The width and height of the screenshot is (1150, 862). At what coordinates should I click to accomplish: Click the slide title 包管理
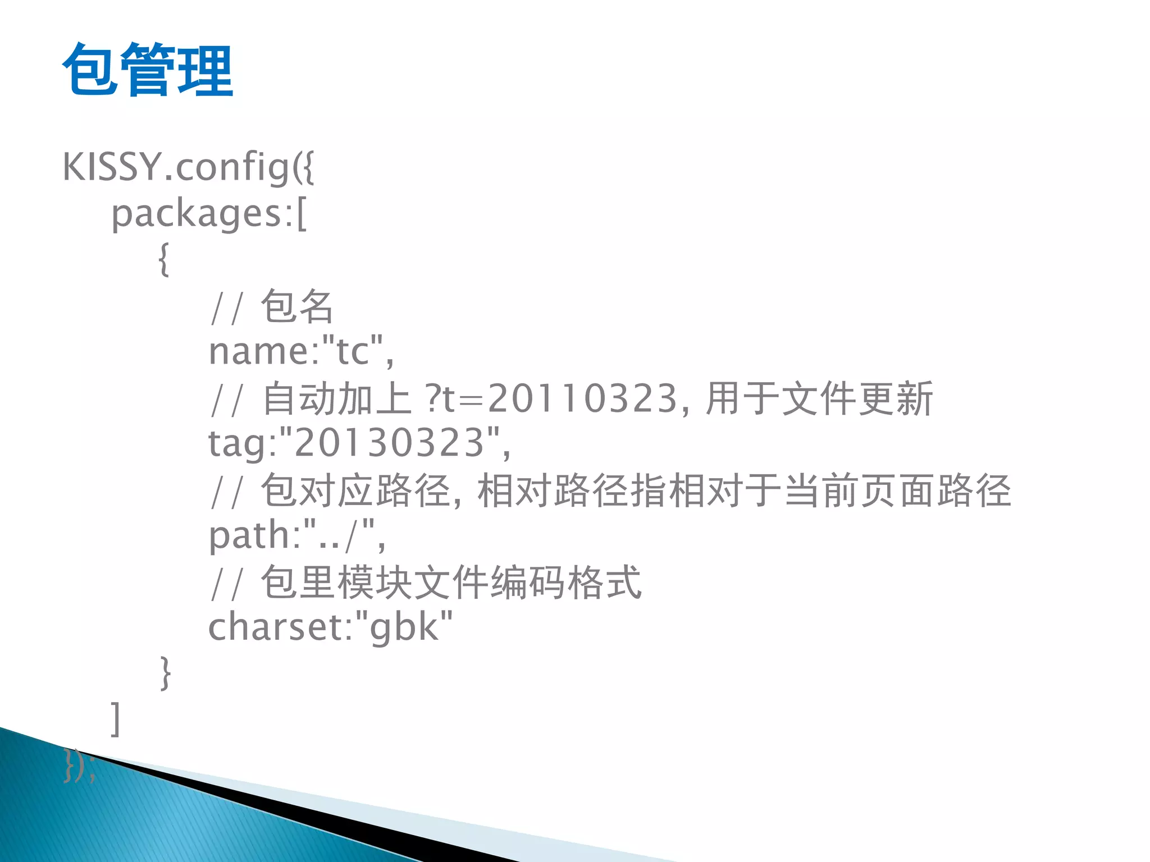[148, 70]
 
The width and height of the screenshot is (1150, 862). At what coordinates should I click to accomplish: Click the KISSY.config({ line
[188, 167]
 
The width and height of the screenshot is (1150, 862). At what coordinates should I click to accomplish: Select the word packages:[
[209, 214]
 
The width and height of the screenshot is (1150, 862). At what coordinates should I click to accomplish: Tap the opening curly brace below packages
[163, 259]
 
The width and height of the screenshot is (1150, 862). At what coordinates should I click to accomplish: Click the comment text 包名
[297, 306]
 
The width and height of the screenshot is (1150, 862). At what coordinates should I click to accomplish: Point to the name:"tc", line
[301, 352]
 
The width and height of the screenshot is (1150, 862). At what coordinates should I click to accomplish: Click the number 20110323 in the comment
[582, 398]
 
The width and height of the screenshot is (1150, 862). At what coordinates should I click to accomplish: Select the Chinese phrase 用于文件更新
[819, 398]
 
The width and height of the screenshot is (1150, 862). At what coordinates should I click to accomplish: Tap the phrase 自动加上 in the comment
[337, 398]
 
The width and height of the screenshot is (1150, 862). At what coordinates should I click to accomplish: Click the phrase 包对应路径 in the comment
[355, 490]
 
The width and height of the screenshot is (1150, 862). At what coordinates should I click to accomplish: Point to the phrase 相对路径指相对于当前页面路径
[744, 490]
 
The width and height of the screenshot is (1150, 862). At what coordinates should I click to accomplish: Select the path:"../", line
[296, 535]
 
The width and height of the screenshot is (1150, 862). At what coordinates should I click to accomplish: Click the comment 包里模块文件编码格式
[451, 583]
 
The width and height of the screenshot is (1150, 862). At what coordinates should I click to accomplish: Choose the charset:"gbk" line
[330, 627]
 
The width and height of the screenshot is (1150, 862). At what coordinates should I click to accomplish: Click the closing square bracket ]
[116, 718]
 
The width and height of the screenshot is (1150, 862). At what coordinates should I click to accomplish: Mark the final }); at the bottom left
[79, 765]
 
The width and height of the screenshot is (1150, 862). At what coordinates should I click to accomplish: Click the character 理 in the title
[205, 70]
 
